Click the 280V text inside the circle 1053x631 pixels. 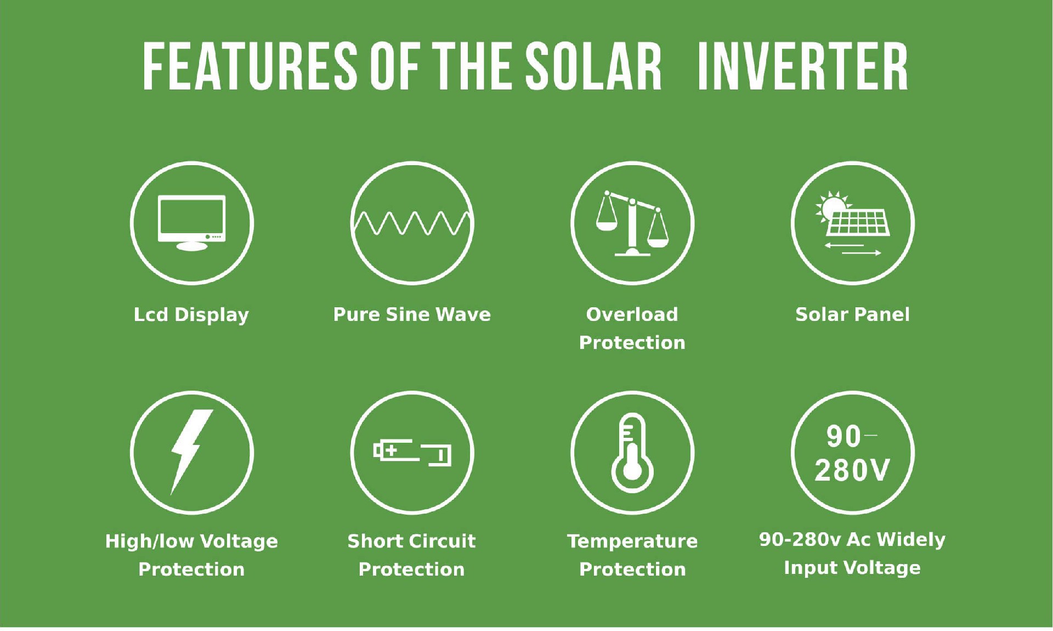click(x=852, y=470)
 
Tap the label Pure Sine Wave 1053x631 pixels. click(x=412, y=314)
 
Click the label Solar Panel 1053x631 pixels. click(x=852, y=314)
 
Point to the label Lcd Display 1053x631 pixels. click(x=191, y=315)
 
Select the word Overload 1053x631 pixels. click(x=632, y=314)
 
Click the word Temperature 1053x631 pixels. click(x=632, y=541)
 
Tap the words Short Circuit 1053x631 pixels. click(x=411, y=541)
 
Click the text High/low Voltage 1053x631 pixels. click(x=191, y=541)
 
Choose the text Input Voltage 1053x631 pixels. click(x=852, y=567)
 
